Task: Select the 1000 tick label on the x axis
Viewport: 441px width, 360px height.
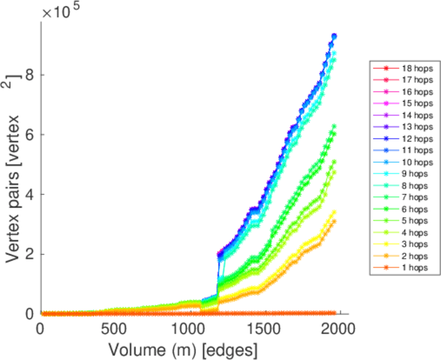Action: pos(189,329)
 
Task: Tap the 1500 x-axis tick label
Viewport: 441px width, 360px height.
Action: pos(264,329)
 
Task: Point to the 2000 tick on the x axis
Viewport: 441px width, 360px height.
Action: pos(339,329)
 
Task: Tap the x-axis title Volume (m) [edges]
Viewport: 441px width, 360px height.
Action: pos(182,349)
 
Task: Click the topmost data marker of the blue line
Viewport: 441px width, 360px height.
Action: pos(334,37)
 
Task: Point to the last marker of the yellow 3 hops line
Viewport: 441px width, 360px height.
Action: pos(334,212)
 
